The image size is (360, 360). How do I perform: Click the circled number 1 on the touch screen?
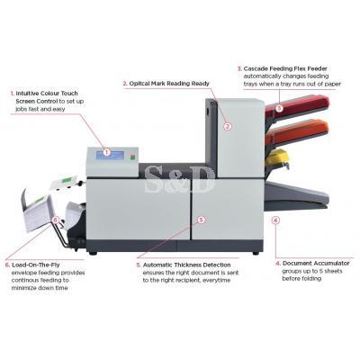point(106,152)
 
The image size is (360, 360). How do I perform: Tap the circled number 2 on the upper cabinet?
point(228,126)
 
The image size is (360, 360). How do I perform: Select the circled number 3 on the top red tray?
point(279,108)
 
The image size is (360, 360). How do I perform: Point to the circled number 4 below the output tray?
point(275,220)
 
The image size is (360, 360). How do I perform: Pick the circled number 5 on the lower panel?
point(202,220)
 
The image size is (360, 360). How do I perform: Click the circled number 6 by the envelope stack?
point(55,220)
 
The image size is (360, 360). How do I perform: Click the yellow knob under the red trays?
point(276,157)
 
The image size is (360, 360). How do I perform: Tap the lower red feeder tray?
point(297,132)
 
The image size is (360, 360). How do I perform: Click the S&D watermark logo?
point(179,180)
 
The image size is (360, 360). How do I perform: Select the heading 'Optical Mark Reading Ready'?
point(169,84)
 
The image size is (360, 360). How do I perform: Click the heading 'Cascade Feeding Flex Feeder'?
point(285,68)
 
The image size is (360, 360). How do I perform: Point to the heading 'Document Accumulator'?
point(316,263)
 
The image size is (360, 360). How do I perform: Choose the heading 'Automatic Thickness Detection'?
point(186,265)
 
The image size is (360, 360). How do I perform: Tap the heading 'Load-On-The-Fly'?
point(36,265)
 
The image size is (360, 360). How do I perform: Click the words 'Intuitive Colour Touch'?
point(47,94)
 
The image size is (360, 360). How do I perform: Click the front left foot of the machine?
point(93,253)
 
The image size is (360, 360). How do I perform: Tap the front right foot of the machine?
point(256,253)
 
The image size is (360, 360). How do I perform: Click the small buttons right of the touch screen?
point(132,157)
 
